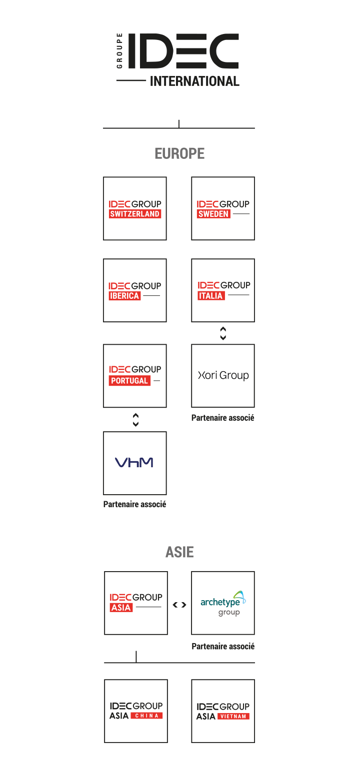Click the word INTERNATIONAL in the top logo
point(194,81)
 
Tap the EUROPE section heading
point(179,153)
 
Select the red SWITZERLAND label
point(135,214)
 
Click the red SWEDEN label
point(213,214)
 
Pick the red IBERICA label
point(124,296)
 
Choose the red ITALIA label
point(211,295)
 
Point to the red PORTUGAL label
point(129,381)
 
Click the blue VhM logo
point(134,463)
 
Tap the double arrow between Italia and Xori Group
point(223,333)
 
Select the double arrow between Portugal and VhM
point(135,420)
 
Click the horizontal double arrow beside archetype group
point(179,605)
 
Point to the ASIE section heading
point(179,552)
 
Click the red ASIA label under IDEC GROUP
point(121,608)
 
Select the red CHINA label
point(146,716)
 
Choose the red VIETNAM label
point(233,716)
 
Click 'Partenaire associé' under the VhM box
point(135,505)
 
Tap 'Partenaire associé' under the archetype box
point(223,647)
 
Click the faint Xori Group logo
point(223,376)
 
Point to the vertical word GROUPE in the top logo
point(119,51)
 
